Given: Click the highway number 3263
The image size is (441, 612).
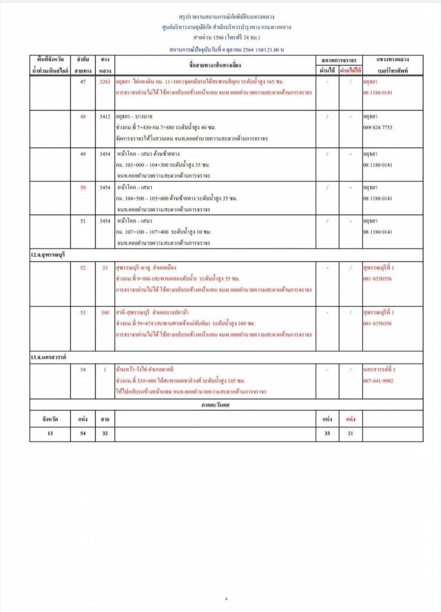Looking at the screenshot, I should [104, 81].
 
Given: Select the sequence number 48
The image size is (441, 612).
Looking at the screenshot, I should [83, 117].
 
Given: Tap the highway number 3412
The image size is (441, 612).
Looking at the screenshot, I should [104, 117].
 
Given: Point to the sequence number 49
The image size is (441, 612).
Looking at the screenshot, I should [83, 154].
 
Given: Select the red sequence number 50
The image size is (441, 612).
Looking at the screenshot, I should [83, 188].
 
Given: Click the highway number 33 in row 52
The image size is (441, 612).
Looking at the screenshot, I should [104, 267].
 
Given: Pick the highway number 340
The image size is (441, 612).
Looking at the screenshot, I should [104, 313].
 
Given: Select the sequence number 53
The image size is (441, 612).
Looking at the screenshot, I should [83, 313].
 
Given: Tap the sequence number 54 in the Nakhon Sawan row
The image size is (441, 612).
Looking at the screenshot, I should [83, 369].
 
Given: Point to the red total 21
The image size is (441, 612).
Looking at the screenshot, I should [350, 433].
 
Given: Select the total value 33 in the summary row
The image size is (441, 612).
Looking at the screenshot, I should [327, 433].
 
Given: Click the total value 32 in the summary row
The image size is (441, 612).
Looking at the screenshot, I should [104, 433].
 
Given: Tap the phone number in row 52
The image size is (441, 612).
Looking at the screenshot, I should [378, 279].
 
